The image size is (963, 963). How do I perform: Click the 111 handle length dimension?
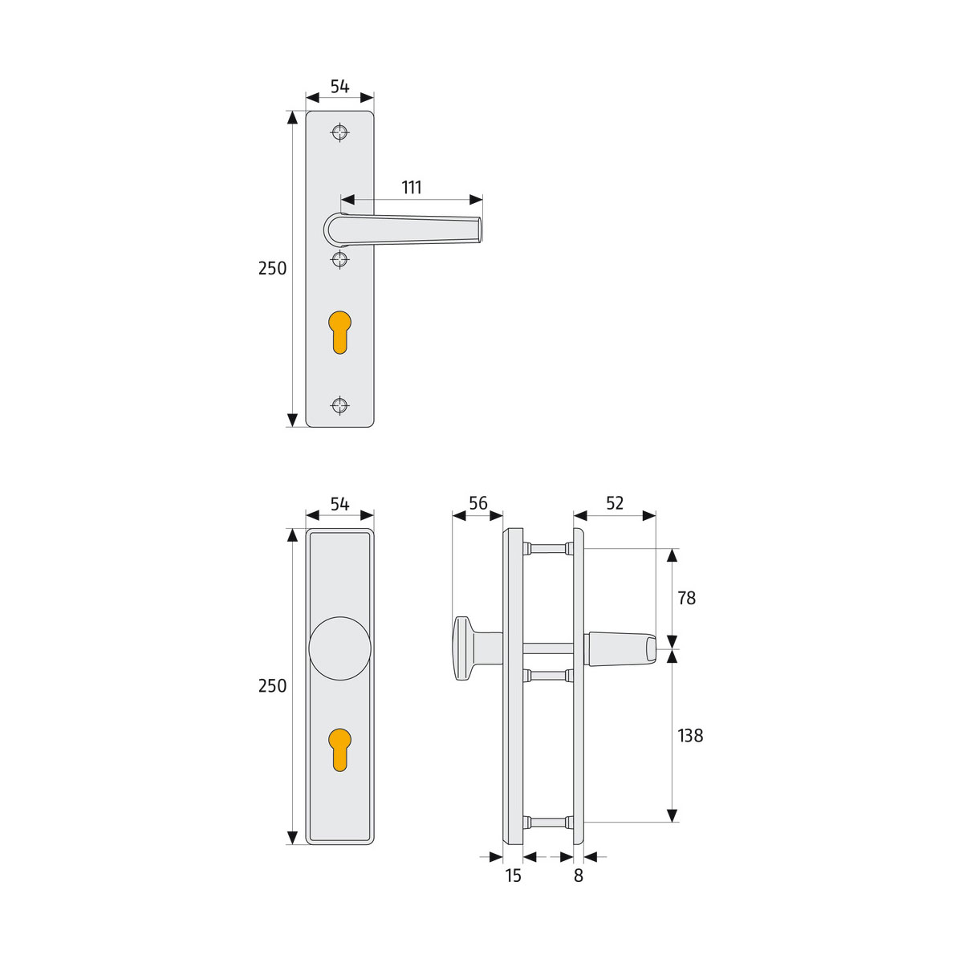(411, 188)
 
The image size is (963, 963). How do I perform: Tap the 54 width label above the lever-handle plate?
(340, 87)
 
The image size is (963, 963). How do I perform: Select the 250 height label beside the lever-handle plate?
(272, 269)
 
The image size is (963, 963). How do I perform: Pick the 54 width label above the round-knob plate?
(340, 504)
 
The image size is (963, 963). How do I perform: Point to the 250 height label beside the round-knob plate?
(272, 686)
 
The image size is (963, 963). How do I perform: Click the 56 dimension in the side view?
(478, 503)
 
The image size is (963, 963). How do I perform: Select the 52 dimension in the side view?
(615, 503)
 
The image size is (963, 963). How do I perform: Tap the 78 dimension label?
(686, 599)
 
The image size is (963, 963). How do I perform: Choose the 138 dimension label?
(690, 735)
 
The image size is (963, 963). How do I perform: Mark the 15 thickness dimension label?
(514, 876)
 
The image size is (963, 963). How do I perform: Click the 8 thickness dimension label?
(579, 876)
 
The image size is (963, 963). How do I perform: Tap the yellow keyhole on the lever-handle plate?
(340, 329)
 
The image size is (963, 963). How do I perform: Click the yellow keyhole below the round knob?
(340, 748)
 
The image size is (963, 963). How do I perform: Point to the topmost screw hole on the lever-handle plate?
(340, 132)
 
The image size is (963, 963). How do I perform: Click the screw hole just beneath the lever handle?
(340, 258)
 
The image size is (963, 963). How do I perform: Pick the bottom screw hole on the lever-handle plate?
(340, 405)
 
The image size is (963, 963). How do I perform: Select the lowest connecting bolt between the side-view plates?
(547, 822)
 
